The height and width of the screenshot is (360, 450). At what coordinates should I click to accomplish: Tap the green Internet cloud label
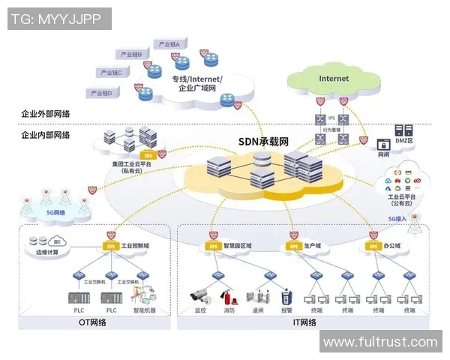(334, 78)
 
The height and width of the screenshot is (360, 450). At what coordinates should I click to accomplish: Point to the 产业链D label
(101, 93)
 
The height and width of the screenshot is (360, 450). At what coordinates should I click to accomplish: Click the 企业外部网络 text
(46, 113)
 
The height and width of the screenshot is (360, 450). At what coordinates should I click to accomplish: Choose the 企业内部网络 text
(46, 135)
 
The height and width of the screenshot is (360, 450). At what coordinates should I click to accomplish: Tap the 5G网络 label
(55, 212)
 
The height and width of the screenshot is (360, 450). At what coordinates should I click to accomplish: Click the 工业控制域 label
(136, 245)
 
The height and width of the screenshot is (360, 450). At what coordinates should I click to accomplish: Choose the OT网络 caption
(92, 323)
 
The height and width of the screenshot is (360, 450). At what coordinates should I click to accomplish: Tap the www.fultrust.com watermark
(379, 342)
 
